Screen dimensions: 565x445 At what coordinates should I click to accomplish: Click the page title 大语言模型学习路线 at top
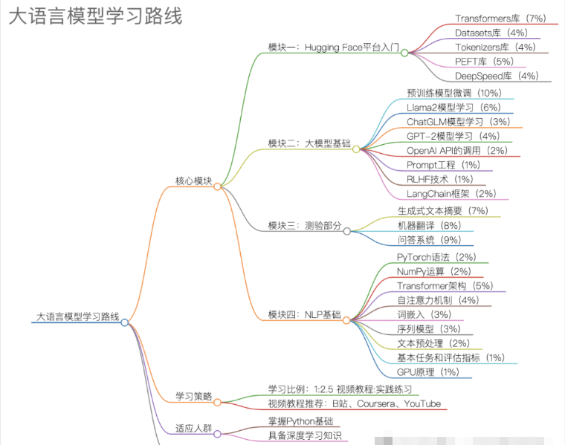pyautogui.click(x=95, y=16)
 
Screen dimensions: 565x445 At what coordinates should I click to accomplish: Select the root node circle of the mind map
pyautogui.click(x=125, y=322)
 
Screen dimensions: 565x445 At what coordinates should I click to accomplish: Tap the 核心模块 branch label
pyautogui.click(x=194, y=181)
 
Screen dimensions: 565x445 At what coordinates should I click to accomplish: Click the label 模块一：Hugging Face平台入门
pyautogui.click(x=333, y=47)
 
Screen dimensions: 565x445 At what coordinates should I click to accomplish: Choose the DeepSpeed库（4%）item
pyautogui.click(x=497, y=76)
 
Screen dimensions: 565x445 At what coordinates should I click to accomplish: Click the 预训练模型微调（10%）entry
pyautogui.click(x=454, y=93)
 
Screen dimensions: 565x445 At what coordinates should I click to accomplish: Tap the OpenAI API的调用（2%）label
pyautogui.click(x=456, y=151)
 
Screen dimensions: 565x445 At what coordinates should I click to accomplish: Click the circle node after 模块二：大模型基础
pyautogui.click(x=356, y=149)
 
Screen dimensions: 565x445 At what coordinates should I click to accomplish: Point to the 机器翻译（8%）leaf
pyautogui.click(x=429, y=225)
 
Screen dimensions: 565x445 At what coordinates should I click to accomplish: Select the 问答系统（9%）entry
pyautogui.click(x=429, y=240)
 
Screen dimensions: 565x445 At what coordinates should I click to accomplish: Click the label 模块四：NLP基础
pyautogui.click(x=305, y=315)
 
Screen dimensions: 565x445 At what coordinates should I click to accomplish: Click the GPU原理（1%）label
pyautogui.click(x=427, y=372)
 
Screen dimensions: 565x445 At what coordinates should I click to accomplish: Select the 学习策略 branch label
pyautogui.click(x=194, y=396)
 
